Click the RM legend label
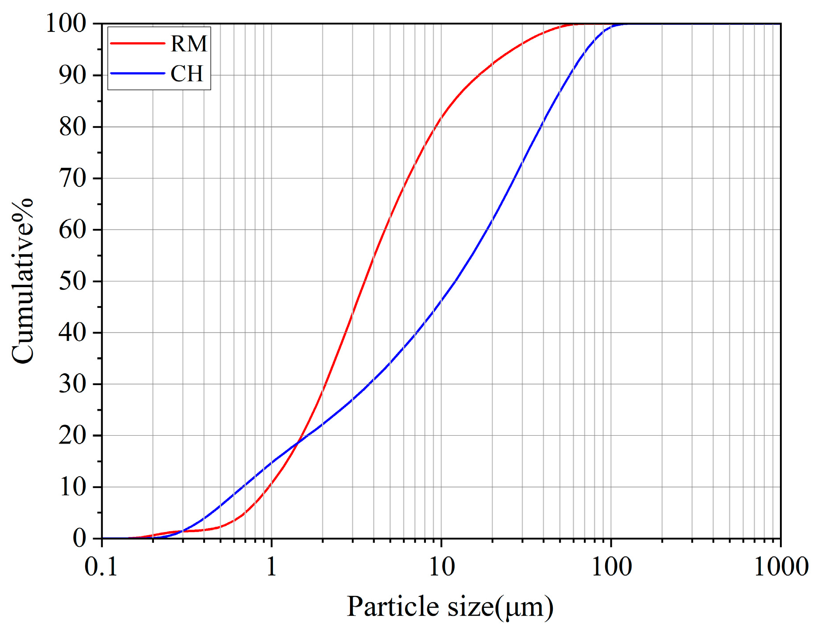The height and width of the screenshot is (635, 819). [189, 43]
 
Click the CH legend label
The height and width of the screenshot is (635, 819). [187, 73]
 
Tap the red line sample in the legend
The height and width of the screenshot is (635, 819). [137, 43]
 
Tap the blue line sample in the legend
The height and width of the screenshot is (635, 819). [137, 73]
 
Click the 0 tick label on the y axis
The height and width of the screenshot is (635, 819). [79, 538]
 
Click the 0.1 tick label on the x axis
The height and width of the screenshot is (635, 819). [102, 567]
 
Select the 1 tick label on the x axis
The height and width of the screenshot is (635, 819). [272, 567]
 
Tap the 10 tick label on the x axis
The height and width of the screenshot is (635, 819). [441, 567]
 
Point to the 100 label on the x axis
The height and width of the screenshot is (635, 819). [611, 567]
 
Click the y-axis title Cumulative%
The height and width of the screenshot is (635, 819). [22, 281]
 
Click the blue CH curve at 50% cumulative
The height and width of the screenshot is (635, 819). [456, 281]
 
